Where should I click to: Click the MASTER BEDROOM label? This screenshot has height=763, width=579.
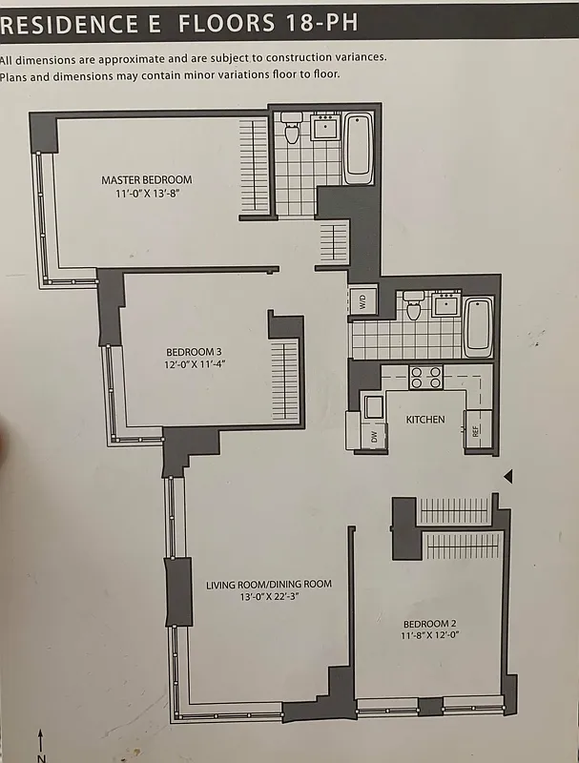coord(147,179)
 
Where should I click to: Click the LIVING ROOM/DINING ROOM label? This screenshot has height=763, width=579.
coord(269,584)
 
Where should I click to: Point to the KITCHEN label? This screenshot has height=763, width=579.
coord(425,420)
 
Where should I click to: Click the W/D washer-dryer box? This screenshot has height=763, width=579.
coord(362,302)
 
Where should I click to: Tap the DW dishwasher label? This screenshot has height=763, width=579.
coord(373,438)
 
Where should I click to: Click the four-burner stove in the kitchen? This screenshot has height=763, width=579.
coord(424,378)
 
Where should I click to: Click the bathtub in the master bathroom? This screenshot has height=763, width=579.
coord(359,149)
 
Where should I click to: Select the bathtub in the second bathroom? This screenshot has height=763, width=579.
coord(478,326)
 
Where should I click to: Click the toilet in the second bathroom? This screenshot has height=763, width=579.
coord(413,305)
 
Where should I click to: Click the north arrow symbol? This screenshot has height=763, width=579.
coord(40,743)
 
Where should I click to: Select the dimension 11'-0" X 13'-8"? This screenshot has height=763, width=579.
coord(147,194)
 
